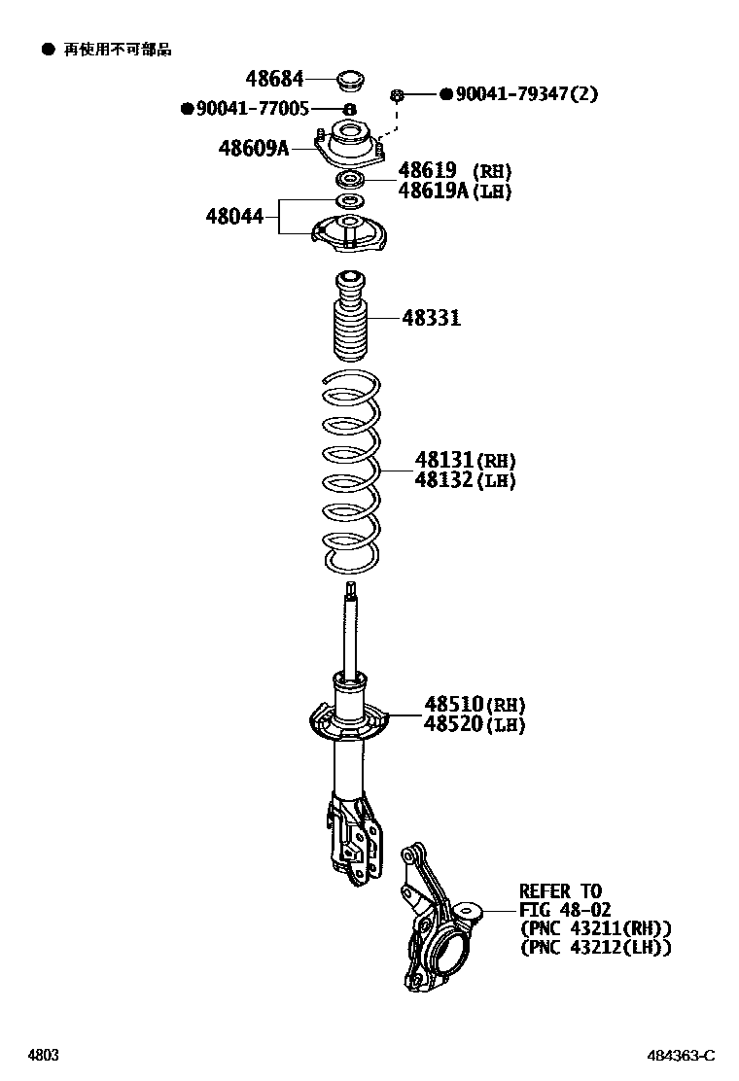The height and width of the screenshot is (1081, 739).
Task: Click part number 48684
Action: pyautogui.click(x=273, y=78)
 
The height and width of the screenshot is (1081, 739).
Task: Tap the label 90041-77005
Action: pyautogui.click(x=252, y=109)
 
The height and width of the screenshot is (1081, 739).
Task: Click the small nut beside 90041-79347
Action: pyautogui.click(x=398, y=94)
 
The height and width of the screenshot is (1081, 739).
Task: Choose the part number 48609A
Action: pyautogui.click(x=254, y=148)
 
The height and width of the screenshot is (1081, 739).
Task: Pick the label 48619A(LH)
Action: pyautogui.click(x=454, y=191)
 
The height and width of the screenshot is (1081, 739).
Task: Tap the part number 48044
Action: pyautogui.click(x=234, y=216)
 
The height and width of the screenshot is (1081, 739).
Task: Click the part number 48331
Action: pyautogui.click(x=432, y=317)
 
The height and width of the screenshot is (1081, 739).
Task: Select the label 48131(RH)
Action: pyautogui.click(x=465, y=460)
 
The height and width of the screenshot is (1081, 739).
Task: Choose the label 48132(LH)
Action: pyautogui.click(x=465, y=479)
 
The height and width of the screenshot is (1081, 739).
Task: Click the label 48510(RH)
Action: pyautogui.click(x=474, y=704)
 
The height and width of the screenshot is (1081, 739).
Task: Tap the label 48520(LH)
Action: pyautogui.click(x=474, y=724)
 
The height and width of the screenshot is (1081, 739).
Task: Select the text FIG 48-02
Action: pyautogui.click(x=564, y=909)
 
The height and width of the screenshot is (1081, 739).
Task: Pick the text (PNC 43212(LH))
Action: pyautogui.click(x=595, y=946)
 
